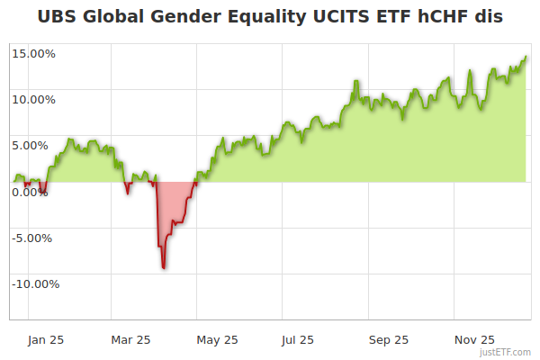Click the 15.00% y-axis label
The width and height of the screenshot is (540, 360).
pyautogui.click(x=34, y=53)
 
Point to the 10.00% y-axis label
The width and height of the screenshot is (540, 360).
pyautogui.click(x=34, y=99)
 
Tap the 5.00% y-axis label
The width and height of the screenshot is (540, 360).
pyautogui.click(x=36, y=145)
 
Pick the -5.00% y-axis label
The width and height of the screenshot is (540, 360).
pyautogui.click(x=35, y=238)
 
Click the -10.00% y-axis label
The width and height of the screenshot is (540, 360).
pyautogui.click(x=34, y=284)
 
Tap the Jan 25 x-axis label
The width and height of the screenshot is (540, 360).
pyautogui.click(x=45, y=340)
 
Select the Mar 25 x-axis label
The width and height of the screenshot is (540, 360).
pyautogui.click(x=130, y=340)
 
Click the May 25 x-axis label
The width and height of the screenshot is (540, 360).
pyautogui.click(x=217, y=340)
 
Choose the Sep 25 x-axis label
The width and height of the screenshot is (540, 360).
pyautogui.click(x=388, y=340)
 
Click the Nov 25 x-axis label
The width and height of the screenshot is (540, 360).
pyautogui.click(x=474, y=340)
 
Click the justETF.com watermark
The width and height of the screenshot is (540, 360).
pyautogui.click(x=505, y=352)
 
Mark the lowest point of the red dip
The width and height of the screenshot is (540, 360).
pyautogui.click(x=164, y=267)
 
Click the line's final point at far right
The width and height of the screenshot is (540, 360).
pyautogui.click(x=526, y=57)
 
